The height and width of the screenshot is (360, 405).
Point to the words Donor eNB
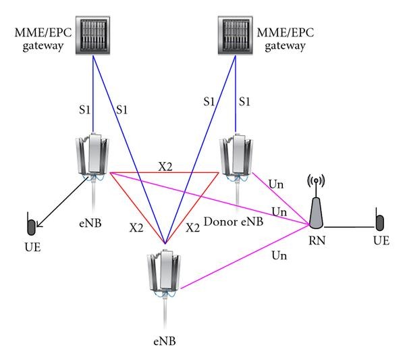[230, 222]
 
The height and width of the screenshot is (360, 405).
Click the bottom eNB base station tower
[163, 274]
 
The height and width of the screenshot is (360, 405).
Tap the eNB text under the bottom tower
[163, 333]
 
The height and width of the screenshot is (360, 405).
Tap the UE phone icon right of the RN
[379, 223]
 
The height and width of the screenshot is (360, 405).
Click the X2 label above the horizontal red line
[165, 164]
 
